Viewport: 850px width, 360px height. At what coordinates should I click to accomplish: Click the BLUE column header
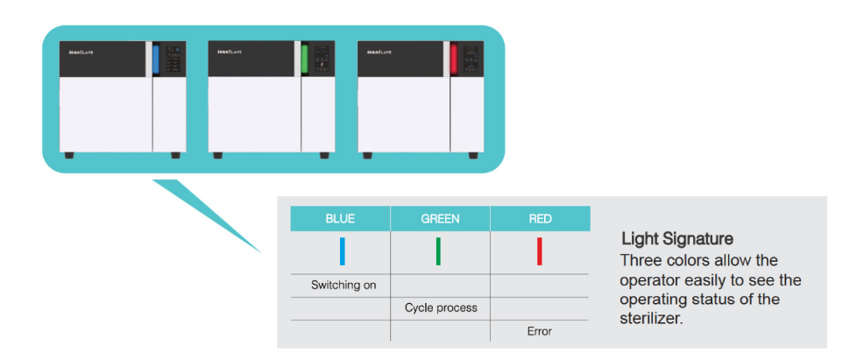tap(340, 219)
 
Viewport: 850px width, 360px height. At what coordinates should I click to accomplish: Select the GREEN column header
tap(440, 219)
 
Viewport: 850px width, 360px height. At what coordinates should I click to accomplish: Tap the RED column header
tap(540, 219)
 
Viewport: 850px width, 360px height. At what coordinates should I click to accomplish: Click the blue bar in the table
tap(343, 251)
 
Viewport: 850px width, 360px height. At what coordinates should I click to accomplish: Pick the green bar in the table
tap(438, 251)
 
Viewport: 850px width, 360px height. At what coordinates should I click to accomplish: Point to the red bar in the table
tap(539, 251)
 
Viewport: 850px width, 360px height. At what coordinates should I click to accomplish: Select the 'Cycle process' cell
tap(440, 308)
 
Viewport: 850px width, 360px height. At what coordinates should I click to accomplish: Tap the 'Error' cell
tap(539, 331)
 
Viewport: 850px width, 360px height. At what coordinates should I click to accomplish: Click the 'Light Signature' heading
tap(677, 238)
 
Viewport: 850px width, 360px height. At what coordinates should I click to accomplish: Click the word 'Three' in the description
tap(641, 261)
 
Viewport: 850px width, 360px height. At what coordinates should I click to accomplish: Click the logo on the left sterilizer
tap(81, 53)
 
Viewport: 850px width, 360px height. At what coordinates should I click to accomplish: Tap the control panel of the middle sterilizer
tap(322, 60)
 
